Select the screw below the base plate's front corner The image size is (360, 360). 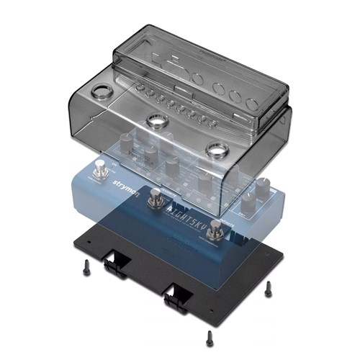pos(209,336)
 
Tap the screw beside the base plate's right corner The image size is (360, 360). pos(268,288)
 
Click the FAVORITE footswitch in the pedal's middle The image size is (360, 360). pos(154,199)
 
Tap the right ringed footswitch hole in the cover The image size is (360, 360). pos(214,149)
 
